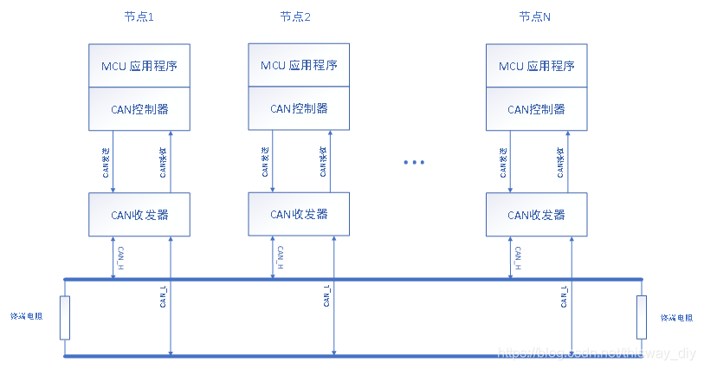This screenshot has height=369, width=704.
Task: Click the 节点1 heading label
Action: (x=139, y=17)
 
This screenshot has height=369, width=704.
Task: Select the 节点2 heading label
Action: (x=294, y=17)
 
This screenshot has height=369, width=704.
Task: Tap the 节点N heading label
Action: (x=534, y=17)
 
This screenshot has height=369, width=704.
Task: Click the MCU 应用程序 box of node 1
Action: (x=140, y=66)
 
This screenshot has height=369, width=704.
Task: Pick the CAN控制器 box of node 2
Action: (x=299, y=108)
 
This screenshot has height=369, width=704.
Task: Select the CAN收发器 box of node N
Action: (x=536, y=214)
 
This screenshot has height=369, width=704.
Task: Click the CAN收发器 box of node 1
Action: (x=140, y=214)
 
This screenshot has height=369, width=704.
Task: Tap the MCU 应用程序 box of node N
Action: (x=536, y=66)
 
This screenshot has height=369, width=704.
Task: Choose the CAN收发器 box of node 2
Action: (x=299, y=214)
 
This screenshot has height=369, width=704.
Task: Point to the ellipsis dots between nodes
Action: (x=415, y=163)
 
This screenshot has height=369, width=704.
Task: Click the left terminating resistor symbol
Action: (x=64, y=318)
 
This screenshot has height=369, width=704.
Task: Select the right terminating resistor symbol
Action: (x=642, y=318)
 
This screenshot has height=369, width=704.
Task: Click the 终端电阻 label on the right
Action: (x=676, y=318)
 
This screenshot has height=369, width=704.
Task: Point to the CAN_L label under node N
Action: (x=565, y=295)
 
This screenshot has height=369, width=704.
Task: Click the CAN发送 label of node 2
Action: (x=265, y=160)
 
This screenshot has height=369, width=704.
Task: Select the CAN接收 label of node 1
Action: (x=163, y=161)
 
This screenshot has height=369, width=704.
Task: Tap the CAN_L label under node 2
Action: (x=326, y=295)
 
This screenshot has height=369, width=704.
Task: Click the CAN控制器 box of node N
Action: (x=536, y=109)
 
